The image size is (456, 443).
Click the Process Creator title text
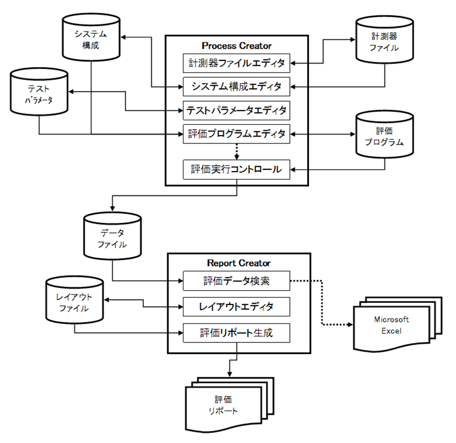236,46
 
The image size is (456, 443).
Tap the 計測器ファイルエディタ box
236,64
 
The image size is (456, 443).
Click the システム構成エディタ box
236,86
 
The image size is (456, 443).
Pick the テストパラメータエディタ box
236,110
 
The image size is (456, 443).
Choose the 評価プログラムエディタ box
236,133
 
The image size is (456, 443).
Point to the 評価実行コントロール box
236,170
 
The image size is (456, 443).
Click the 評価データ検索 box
236,281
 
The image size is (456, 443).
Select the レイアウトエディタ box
236,306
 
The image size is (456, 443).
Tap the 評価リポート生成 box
236,333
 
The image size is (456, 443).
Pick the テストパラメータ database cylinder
40,92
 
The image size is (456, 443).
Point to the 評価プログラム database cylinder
385,135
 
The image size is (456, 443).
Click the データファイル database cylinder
113,238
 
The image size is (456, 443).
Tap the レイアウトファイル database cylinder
74,302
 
